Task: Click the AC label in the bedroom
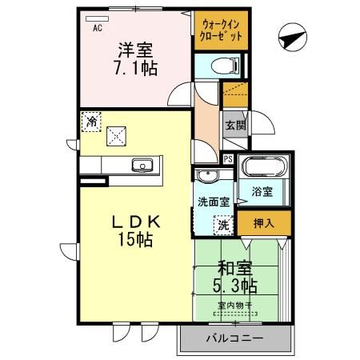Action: (96, 28)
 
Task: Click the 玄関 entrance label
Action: (234, 126)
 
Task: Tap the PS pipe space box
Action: (229, 158)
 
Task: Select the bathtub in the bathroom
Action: (263, 170)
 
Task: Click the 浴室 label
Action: (262, 192)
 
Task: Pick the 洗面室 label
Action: (213, 202)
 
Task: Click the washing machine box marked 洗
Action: (224, 226)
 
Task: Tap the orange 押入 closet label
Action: (262, 224)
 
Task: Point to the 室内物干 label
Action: (236, 305)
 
